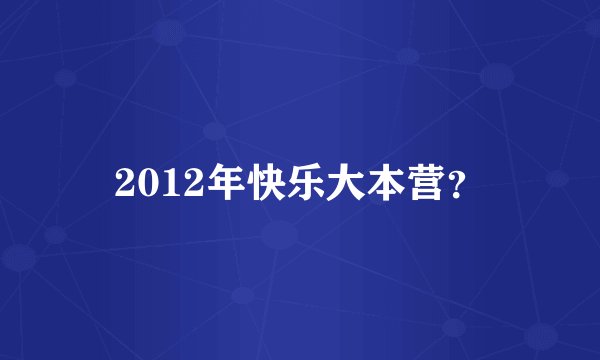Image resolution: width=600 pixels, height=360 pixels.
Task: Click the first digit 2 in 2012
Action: pos(125,181)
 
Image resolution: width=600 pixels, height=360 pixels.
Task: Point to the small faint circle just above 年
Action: pos(214,130)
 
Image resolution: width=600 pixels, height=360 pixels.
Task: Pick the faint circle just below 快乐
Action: pos(280,236)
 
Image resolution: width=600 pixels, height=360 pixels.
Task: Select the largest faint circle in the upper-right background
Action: pos(497,76)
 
